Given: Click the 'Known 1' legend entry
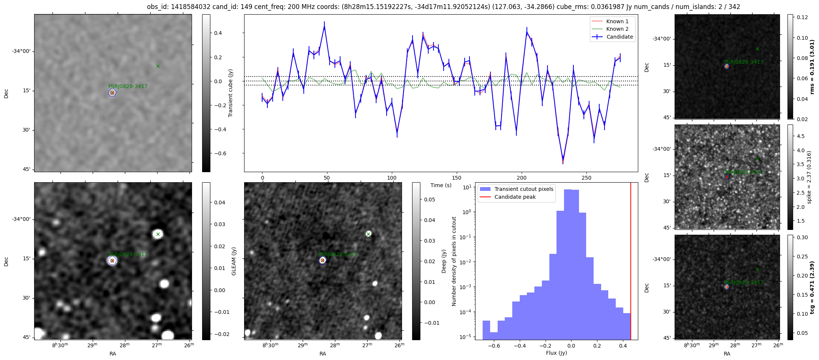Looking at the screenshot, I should pos(617,21).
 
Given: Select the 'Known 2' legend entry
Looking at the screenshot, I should pos(617,29).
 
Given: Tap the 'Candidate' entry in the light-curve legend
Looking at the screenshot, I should pos(619,37).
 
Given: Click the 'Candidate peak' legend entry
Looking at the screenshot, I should pos(515,197).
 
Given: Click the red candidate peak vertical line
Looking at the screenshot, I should pos(631,262).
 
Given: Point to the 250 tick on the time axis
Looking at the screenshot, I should pos(586,178).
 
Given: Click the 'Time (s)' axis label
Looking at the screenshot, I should pos(441,185).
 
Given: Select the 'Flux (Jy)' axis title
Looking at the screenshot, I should pos(556,353).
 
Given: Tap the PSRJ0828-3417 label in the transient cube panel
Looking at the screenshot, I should pos(128,86).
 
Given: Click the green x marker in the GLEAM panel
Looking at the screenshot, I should pos(158,234).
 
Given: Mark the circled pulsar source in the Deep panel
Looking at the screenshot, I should pos(322,260).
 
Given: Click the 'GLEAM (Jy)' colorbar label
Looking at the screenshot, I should pos(234,261).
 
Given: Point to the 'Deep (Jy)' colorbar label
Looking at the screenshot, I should pos(444,261).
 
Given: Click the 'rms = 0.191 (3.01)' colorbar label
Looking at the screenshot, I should pos(812,67).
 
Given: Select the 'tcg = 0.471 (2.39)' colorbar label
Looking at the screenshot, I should pos(812,287).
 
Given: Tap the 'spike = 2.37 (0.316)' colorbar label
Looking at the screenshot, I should pos(809,177).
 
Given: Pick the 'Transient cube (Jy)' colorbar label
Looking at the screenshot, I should pos(231,93).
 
